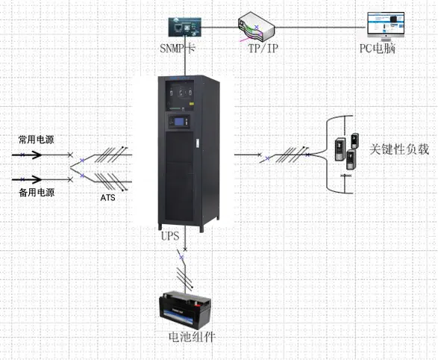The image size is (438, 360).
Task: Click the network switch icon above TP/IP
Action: (257, 28)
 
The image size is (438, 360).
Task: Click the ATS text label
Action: (108, 199)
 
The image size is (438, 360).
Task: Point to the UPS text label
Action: (170, 235)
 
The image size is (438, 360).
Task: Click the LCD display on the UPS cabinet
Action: (178, 120)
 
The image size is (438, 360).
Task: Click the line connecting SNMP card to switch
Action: (219, 28)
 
